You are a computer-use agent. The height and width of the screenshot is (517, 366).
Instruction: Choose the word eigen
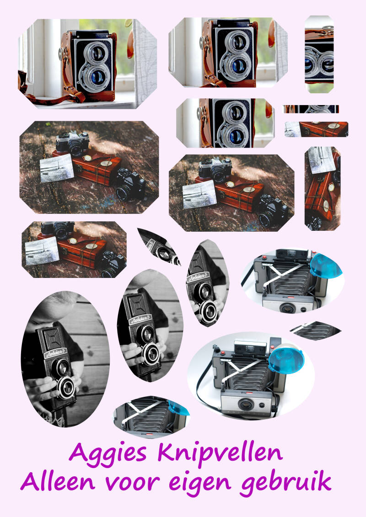200,484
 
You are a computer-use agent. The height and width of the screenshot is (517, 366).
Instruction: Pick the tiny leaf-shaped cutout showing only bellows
315,330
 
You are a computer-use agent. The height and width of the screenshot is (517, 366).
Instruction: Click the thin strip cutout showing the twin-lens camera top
311,109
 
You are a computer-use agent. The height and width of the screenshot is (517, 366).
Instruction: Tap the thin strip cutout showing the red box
316,129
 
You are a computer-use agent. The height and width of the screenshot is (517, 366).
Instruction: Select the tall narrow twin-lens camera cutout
319,54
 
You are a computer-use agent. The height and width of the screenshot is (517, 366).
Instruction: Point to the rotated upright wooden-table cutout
323,189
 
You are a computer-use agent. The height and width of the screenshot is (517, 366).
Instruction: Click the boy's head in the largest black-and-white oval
53,307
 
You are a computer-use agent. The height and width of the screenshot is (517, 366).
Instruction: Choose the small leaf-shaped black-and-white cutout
159,247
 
